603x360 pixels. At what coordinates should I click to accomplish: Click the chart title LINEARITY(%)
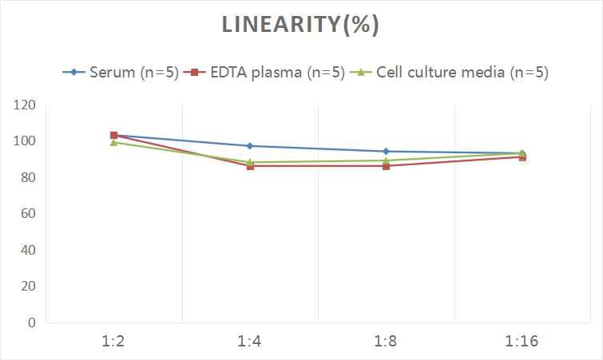pos(300,25)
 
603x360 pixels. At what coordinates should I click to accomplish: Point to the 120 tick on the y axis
pos(26,105)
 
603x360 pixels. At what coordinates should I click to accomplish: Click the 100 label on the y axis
pos(26,141)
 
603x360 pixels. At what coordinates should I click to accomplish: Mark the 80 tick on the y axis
pos(29,177)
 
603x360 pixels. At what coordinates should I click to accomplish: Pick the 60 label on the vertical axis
pos(29,214)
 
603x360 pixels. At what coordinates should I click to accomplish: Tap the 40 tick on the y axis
pos(29,250)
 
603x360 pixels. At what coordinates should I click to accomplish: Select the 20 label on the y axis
pos(29,286)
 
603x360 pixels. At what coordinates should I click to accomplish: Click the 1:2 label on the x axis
pos(114,342)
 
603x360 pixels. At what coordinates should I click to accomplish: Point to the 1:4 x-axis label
pos(250,342)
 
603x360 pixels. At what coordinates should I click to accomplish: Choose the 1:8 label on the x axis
pos(386,342)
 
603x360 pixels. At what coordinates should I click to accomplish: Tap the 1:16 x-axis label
pos(522,342)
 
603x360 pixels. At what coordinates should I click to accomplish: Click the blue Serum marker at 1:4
pos(250,146)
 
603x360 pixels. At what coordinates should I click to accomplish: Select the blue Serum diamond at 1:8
pos(386,151)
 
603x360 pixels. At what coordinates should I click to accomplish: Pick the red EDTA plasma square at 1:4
pos(250,166)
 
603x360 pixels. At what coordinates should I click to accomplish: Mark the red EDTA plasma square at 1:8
pos(386,166)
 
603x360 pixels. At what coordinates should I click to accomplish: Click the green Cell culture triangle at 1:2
pos(114,142)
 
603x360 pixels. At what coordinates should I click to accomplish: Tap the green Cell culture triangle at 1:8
pos(386,160)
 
